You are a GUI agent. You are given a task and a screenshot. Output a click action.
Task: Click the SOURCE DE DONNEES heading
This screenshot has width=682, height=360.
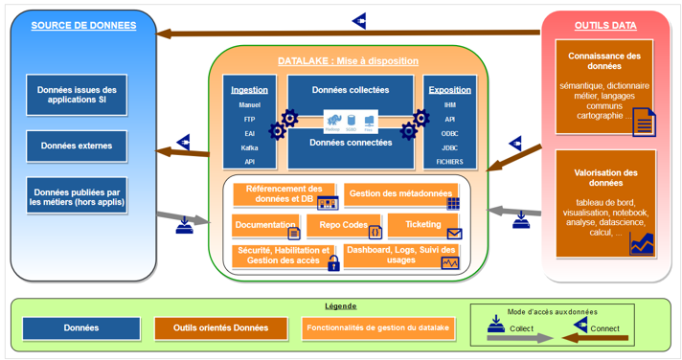pos(83,26)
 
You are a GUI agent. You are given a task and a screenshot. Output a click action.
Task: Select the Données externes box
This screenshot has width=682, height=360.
pos(77,146)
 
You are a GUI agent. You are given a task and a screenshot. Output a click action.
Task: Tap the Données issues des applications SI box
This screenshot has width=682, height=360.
pos(77,95)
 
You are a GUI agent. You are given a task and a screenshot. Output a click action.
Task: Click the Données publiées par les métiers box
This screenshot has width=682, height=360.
pos(77,196)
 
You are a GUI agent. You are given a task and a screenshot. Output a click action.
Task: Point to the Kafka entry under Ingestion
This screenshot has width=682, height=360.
pos(249,148)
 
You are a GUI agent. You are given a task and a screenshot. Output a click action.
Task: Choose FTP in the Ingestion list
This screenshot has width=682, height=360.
pos(249,120)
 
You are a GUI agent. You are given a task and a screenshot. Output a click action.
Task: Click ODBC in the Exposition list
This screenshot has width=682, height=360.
pos(449,134)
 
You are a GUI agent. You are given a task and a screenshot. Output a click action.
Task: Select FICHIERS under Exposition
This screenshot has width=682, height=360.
pos(449,162)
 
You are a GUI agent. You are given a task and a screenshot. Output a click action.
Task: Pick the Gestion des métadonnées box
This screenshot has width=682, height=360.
pos(401,194)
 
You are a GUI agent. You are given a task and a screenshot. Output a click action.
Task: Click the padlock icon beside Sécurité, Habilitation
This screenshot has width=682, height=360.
pos(333,263)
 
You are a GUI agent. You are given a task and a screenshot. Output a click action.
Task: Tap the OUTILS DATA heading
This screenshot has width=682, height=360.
pos(604,26)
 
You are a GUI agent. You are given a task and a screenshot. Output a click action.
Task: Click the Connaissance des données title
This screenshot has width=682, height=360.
pos(604,61)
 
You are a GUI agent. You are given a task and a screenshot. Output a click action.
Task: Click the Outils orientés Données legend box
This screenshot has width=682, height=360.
pos(220,328)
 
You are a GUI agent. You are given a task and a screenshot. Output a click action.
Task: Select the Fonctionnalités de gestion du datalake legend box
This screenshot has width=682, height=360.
pos(378,328)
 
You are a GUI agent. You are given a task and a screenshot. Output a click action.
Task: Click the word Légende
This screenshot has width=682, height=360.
pos(341,306)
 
